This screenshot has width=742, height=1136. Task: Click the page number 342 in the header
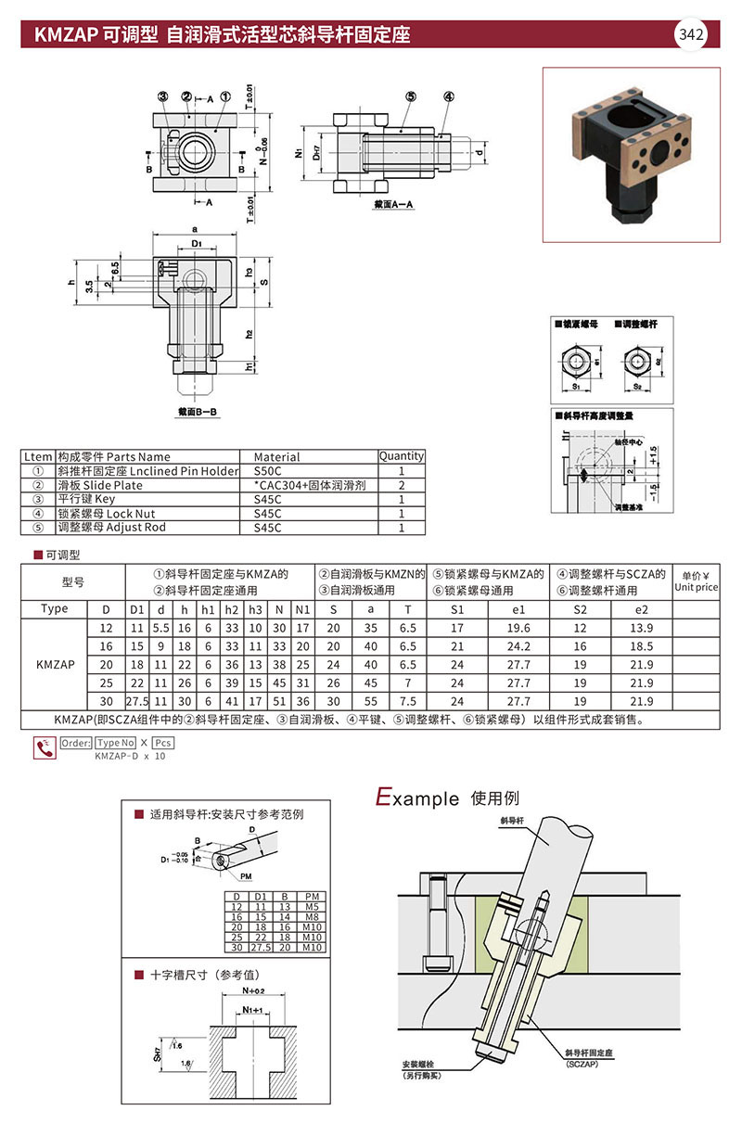[692, 35]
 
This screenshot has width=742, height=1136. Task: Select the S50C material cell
[269, 471]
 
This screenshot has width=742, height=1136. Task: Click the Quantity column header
[401, 456]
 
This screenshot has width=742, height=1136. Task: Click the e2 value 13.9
[640, 628]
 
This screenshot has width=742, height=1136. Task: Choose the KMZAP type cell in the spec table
[55, 665]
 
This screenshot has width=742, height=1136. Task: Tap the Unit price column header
[696, 581]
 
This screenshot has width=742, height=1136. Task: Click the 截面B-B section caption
[198, 410]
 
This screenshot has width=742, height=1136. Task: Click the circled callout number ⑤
[410, 96]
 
